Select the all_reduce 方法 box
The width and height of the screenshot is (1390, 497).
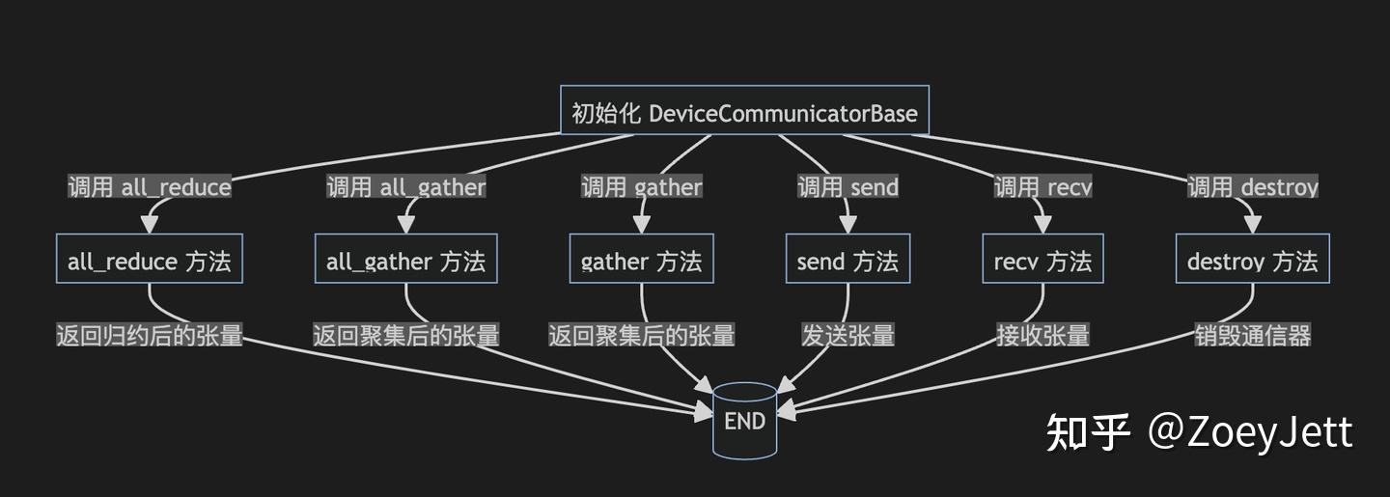point(150,261)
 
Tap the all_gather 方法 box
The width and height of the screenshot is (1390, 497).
point(406,261)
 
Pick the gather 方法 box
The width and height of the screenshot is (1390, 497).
point(642,261)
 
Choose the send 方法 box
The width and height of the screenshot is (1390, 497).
point(848,261)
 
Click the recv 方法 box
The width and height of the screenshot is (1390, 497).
point(1042,261)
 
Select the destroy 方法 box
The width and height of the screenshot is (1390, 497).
point(1252,261)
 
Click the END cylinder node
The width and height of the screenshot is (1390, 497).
point(744,421)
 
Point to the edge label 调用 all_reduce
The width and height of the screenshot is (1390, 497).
point(150,186)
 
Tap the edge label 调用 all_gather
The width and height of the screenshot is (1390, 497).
point(406,186)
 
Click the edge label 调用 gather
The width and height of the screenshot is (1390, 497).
point(642,186)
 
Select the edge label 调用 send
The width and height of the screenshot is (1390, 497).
point(848,186)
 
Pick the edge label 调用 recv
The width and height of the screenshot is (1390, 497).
point(1042,186)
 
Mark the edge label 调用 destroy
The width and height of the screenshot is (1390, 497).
point(1252,186)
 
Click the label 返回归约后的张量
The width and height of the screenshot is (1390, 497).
point(150,335)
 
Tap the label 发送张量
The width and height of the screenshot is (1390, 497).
point(848,335)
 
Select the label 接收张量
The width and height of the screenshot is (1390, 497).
point(1042,335)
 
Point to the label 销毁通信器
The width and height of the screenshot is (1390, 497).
point(1252,335)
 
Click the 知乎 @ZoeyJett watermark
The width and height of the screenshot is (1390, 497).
point(1200,432)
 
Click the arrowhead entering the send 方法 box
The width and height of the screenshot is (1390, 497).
point(848,227)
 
